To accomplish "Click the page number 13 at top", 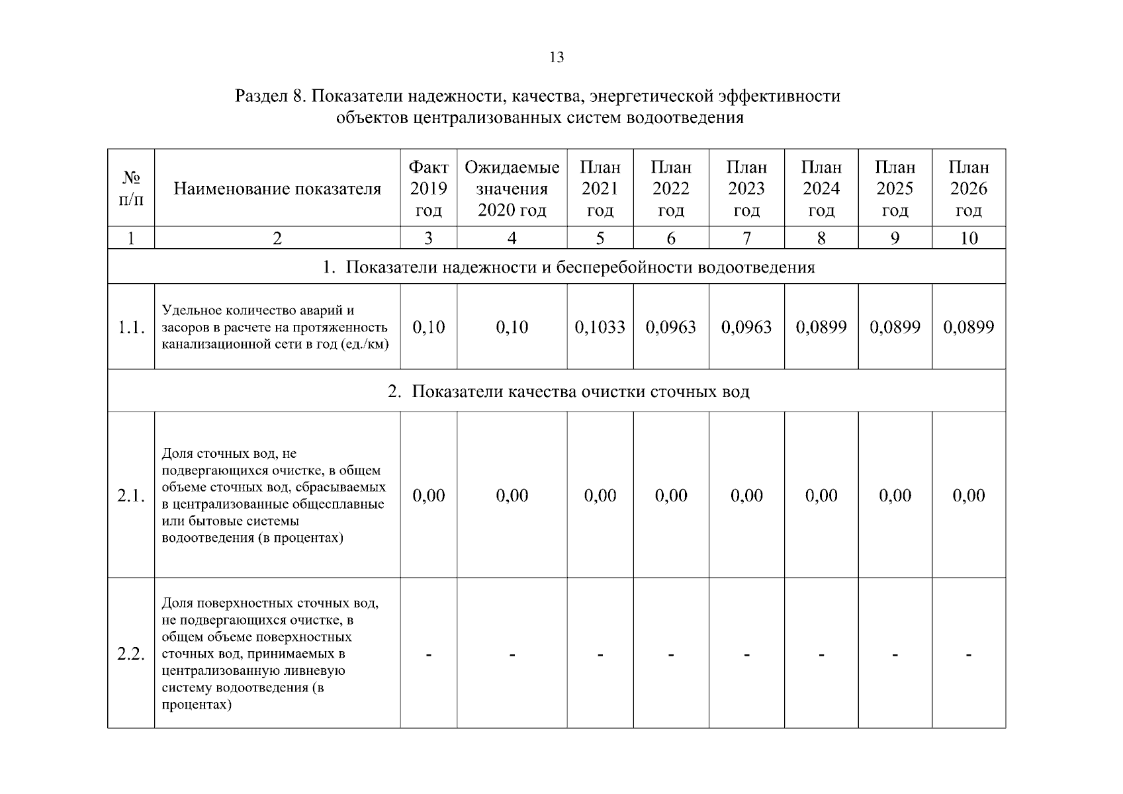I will coord(557,58).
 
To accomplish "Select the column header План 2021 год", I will coord(600,189).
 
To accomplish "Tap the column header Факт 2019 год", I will coord(428,189).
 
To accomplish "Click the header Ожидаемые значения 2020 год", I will coord(512,189).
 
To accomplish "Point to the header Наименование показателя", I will coord(277,189).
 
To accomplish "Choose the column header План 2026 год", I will coord(968,189).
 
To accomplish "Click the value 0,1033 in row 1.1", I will coord(600,327).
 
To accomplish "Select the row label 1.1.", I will coord(131,327).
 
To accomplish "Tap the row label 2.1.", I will coord(131,496).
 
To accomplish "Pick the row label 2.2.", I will coord(131,654).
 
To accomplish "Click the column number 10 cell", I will coord(968,238).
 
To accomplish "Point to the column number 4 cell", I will coord(512,238).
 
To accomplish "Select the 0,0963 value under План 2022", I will coord(670,327).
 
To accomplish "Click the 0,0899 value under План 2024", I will coord(821,327).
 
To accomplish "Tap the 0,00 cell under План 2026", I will coord(968,496).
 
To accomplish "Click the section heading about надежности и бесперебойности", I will coord(568,267).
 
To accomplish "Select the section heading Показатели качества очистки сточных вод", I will coord(568,392).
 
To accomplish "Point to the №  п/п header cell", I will coord(131,189).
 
